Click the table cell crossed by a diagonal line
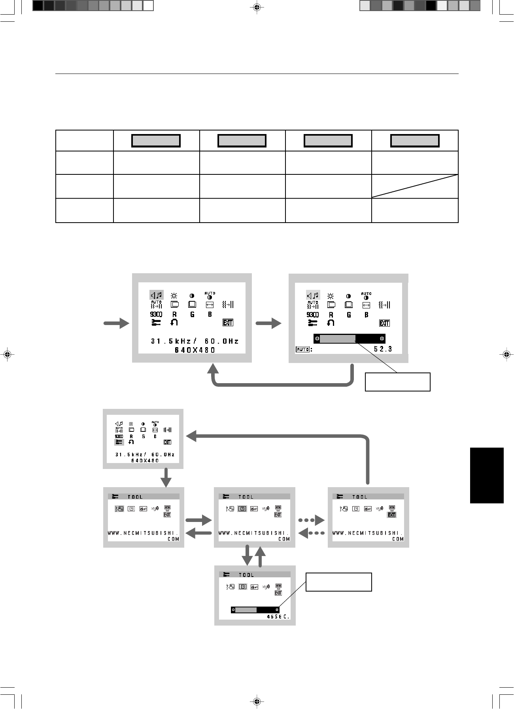point(415,186)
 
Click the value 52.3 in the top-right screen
point(383,349)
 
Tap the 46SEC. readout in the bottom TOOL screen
point(278,617)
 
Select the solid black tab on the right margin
point(487,475)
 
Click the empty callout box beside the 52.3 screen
point(397,382)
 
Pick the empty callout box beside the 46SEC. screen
point(339,582)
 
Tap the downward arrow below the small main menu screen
point(166,478)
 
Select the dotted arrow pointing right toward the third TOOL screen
point(311,520)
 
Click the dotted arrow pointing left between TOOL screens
point(311,533)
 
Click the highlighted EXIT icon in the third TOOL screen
point(392,515)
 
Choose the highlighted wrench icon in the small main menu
point(119,442)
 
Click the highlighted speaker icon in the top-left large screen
point(157,295)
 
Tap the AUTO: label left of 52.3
point(303,350)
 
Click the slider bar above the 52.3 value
point(349,338)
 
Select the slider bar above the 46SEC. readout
point(255,610)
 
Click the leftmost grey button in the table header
point(156,141)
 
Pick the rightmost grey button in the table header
point(415,141)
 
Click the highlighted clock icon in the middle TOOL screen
point(242,509)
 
